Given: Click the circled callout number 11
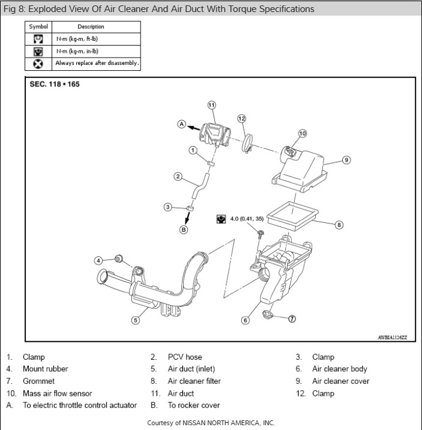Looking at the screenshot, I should pyautogui.click(x=211, y=104).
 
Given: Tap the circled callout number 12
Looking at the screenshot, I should pyautogui.click(x=241, y=118).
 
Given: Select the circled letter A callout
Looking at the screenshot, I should pyautogui.click(x=181, y=124).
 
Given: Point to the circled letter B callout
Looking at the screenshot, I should pyautogui.click(x=184, y=229).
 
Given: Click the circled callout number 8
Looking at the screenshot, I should pyautogui.click(x=339, y=225).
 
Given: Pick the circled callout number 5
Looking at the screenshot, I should pyautogui.click(x=136, y=320).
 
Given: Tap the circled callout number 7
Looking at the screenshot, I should pyautogui.click(x=292, y=318).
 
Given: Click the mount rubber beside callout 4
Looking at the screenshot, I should pyautogui.click(x=118, y=259).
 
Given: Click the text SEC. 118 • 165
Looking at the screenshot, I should pyautogui.click(x=55, y=84).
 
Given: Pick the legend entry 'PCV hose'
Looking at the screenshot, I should pyautogui.click(x=185, y=357).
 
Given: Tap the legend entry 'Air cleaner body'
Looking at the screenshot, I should pyautogui.click(x=339, y=369).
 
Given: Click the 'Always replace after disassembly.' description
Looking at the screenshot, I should pyautogui.click(x=97, y=62).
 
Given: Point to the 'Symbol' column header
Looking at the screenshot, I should pyautogui.click(x=37, y=26).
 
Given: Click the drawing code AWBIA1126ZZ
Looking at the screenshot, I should pyautogui.click(x=393, y=338).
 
